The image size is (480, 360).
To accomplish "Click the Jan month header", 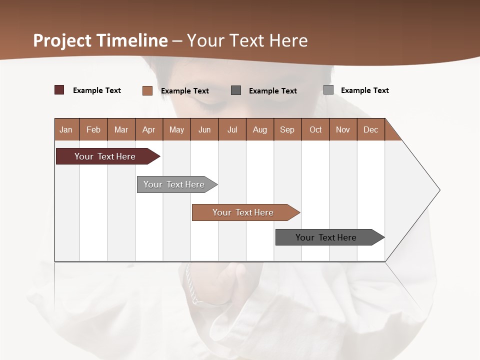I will coord(66,129).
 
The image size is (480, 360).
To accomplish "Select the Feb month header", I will coord(93,129).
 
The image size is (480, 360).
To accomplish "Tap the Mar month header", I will coord(121,129).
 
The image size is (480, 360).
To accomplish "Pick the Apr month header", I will coord(149,129).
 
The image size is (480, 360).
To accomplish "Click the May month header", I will coord(176,129).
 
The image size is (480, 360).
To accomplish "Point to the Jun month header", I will coord(204,129).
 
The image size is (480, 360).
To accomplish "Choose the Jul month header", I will coord(232,129).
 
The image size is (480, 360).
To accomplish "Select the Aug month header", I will coord(260,129).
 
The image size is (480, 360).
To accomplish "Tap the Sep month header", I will coord(287,129).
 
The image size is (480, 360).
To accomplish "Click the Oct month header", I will coord(315,129).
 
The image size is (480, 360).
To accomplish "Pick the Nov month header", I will coord(343,129).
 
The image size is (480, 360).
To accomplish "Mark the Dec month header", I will coord(371,129).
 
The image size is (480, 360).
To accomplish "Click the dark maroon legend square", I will coord(59,90).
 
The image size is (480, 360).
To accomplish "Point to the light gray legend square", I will coord(328,90).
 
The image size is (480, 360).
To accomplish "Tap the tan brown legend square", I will coord(147,90).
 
